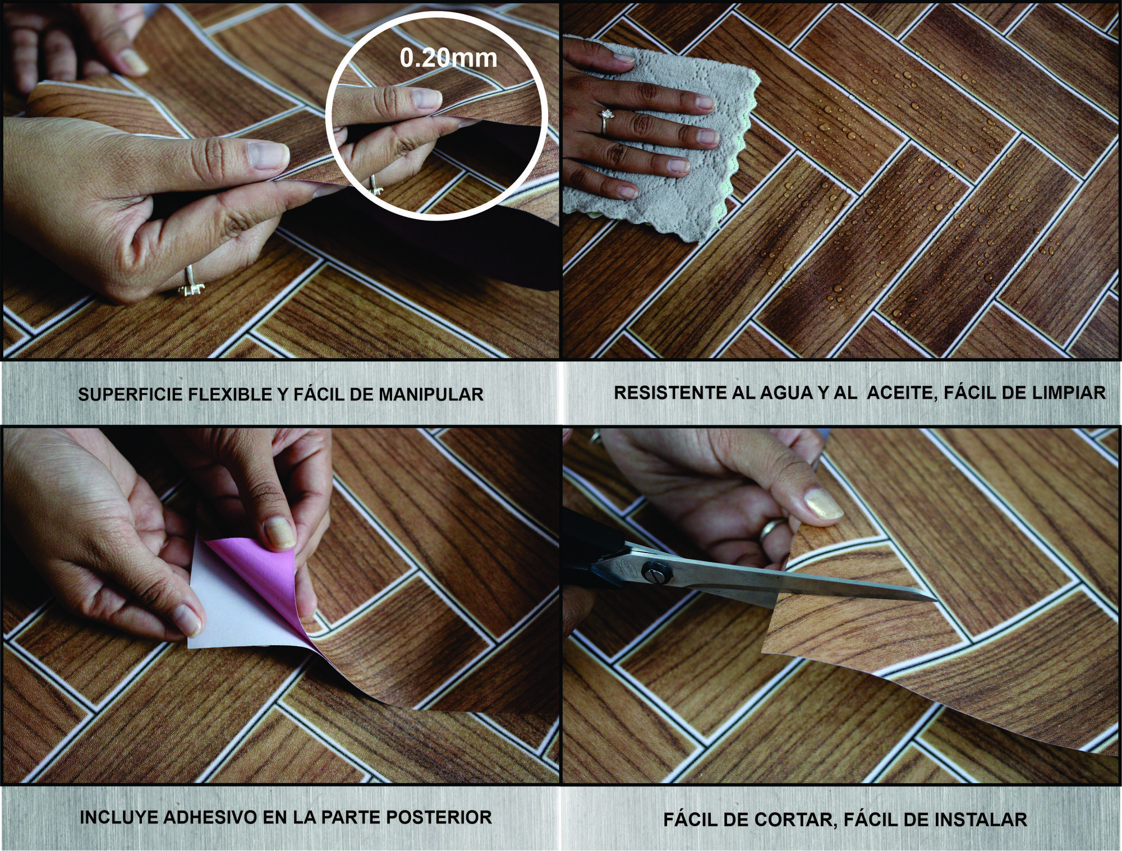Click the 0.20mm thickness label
point(448,58)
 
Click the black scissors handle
point(589,544)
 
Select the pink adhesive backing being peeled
point(252,583)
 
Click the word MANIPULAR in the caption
point(431,395)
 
